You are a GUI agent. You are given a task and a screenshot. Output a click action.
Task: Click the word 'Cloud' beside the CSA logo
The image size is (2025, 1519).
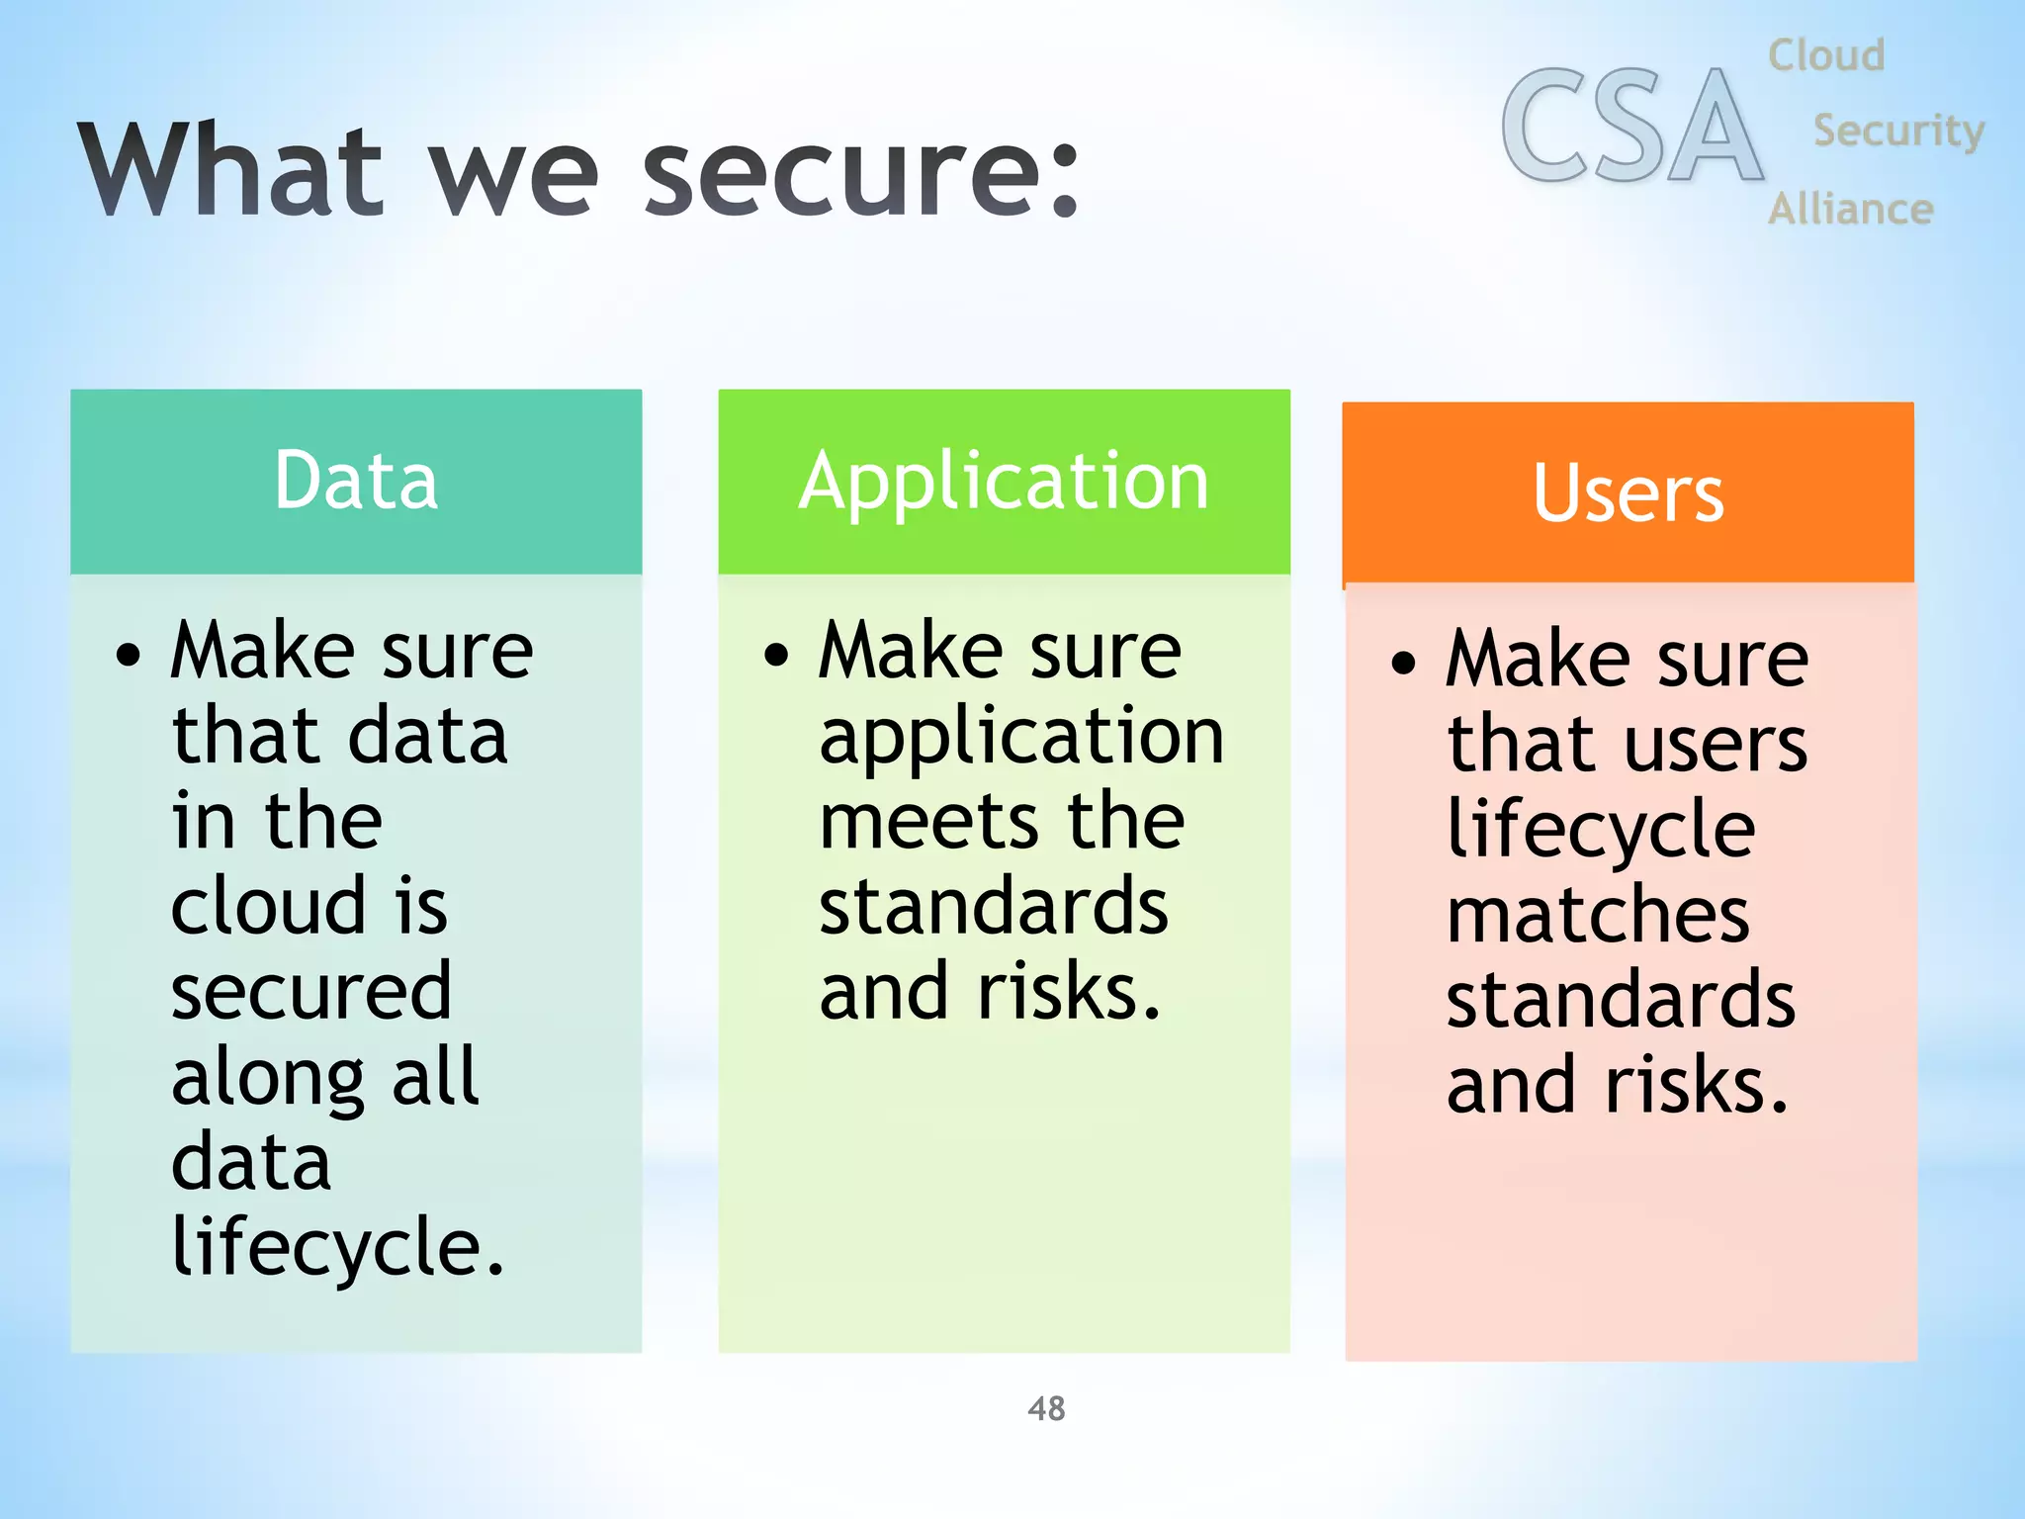(1826, 55)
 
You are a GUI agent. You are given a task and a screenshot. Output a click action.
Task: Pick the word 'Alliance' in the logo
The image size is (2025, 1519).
(1850, 209)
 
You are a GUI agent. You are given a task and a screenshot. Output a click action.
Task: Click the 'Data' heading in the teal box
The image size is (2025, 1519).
(356, 481)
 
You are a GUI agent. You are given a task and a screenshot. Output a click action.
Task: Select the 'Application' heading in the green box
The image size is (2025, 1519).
(1004, 483)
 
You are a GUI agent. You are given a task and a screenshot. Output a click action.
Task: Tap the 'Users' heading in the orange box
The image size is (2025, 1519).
(1629, 493)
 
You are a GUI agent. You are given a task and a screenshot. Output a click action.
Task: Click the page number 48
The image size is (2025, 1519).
(1046, 1408)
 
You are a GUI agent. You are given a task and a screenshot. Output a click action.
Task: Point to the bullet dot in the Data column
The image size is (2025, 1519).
(129, 655)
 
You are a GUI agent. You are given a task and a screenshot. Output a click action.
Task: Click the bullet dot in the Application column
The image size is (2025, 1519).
(777, 655)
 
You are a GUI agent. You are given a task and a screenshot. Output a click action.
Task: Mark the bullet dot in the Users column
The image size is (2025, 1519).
(1403, 663)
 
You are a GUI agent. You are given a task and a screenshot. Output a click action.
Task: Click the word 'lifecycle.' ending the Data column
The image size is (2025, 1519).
(337, 1248)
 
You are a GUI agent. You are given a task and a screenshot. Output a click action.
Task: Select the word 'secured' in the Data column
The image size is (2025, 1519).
(311, 992)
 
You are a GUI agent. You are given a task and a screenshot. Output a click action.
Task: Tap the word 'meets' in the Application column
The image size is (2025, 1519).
(928, 822)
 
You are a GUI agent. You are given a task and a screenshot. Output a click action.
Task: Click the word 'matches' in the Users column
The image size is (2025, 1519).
(1598, 916)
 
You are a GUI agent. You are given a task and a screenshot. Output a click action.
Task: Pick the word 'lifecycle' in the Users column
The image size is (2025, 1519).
(1601, 831)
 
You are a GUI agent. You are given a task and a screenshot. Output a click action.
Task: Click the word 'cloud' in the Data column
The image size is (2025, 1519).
(268, 906)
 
